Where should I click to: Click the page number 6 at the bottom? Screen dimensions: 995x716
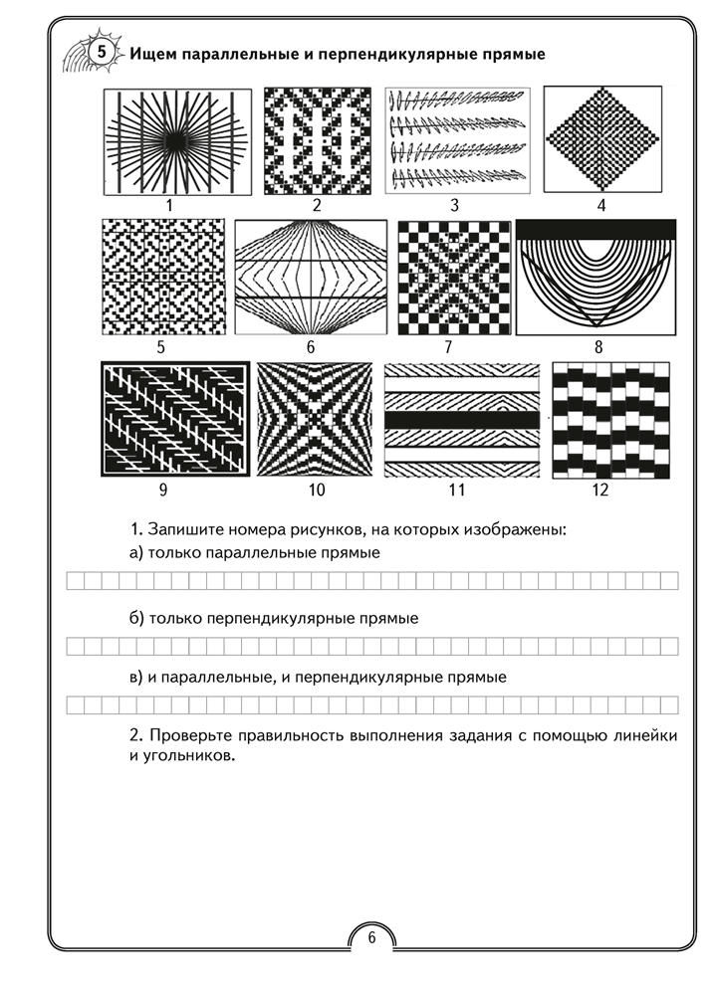[370, 937]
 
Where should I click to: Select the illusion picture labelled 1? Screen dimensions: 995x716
[170, 142]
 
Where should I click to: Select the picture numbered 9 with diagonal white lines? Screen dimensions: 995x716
[174, 420]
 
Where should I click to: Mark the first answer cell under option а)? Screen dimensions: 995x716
[74, 581]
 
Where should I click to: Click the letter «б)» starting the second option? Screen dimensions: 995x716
[137, 618]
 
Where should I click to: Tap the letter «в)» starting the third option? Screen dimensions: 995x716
[137, 678]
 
